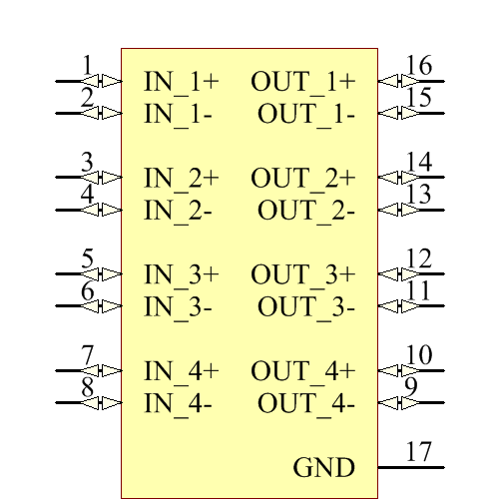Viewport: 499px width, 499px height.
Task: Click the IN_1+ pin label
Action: (182, 81)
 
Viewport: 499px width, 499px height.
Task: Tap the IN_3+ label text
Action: (182, 274)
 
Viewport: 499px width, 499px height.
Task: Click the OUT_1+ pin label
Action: (302, 81)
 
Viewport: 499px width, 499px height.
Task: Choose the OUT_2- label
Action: (305, 211)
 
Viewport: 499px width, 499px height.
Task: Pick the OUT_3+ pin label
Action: (302, 274)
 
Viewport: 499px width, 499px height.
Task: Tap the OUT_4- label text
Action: (305, 404)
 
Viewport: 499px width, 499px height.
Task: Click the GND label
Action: (323, 468)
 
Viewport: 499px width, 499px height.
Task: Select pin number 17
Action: (419, 452)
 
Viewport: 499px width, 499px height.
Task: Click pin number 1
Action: (88, 66)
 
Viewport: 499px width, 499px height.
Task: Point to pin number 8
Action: (88, 387)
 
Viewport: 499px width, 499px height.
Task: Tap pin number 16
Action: (419, 66)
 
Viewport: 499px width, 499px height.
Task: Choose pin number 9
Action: (411, 387)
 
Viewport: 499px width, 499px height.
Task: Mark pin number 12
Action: (419, 259)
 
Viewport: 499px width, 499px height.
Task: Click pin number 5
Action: (88, 259)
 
